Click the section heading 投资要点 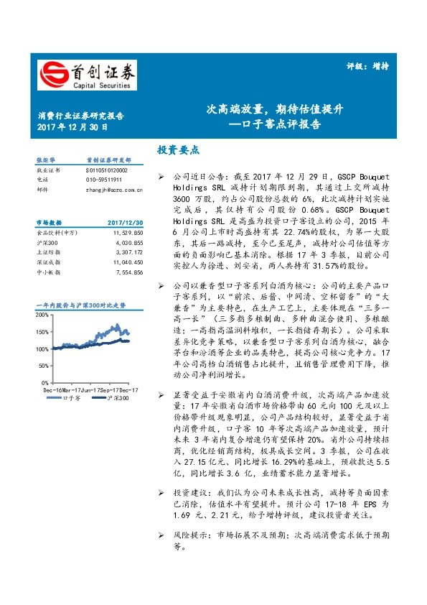177,150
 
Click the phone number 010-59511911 103,179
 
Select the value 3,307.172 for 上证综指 129,253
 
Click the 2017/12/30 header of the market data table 126,223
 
